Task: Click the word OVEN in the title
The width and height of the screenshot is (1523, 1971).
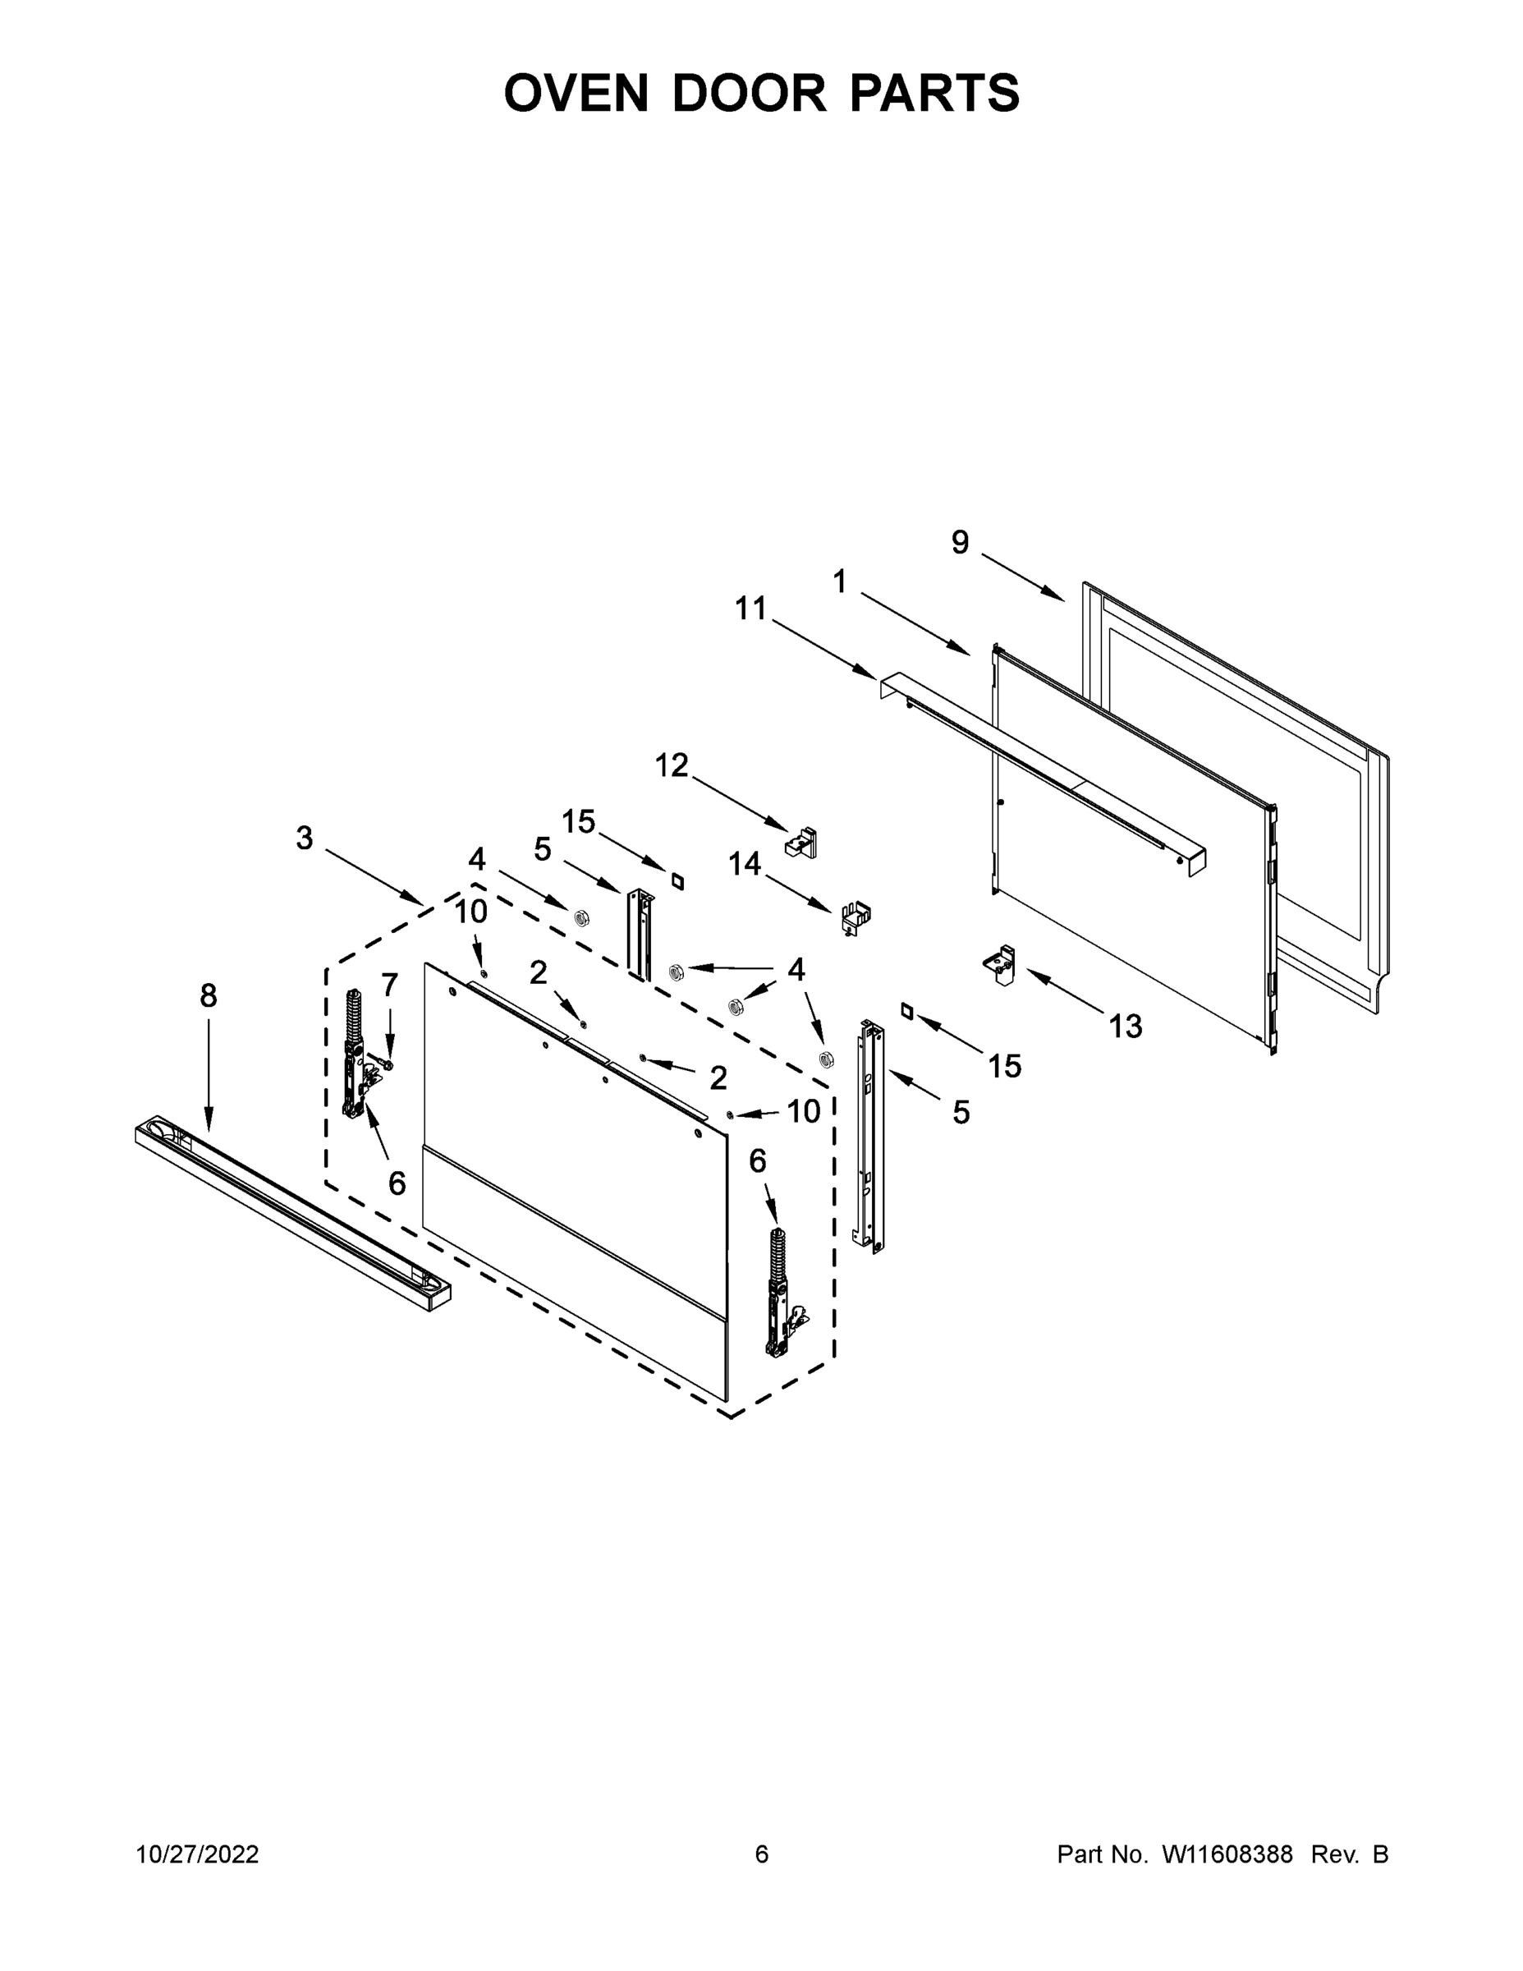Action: pos(576,93)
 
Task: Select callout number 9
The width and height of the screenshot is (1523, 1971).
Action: pos(960,542)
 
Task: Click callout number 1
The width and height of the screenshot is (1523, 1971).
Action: pos(840,582)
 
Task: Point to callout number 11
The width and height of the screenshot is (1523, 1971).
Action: pos(750,609)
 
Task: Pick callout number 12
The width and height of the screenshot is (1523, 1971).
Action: pos(672,765)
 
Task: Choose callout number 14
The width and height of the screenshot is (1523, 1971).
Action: pos(745,865)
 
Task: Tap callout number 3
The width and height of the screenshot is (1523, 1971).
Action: pos(305,838)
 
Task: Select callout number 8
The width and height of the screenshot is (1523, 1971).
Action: pos(209,996)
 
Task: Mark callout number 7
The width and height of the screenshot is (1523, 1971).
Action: pos(390,985)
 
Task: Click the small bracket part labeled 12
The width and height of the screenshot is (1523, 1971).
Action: pos(802,843)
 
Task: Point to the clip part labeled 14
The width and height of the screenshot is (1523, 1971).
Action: pos(855,918)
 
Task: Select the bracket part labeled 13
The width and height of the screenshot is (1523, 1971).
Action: pos(1000,966)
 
